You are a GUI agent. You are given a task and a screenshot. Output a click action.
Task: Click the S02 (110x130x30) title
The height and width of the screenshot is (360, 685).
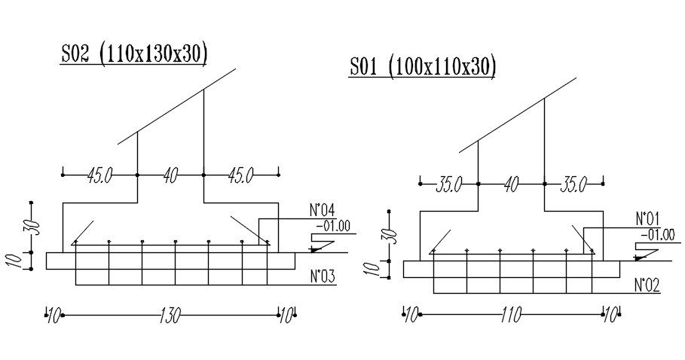click(x=133, y=54)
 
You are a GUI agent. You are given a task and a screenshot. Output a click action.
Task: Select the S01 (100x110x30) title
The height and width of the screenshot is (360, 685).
click(x=423, y=68)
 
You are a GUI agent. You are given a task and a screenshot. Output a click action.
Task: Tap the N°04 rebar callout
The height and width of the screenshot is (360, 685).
click(x=323, y=210)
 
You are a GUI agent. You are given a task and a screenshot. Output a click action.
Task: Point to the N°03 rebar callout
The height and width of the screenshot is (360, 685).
click(x=323, y=276)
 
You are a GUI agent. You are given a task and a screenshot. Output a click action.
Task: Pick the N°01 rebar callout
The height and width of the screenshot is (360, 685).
click(x=647, y=218)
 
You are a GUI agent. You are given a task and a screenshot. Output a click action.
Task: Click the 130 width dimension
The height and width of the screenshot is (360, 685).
click(x=170, y=315)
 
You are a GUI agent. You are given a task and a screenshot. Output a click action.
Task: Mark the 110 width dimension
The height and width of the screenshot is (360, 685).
click(x=512, y=314)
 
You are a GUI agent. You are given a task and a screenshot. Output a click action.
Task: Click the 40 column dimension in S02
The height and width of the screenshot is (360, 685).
click(x=170, y=175)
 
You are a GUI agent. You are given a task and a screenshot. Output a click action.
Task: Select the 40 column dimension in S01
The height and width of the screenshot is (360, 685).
click(x=511, y=185)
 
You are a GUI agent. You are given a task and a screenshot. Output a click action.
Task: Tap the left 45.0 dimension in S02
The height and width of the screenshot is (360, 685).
click(x=99, y=175)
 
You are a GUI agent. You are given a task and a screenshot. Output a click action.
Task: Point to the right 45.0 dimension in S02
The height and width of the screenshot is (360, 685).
click(x=240, y=175)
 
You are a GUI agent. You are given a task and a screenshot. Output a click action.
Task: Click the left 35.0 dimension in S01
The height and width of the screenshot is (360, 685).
click(x=448, y=185)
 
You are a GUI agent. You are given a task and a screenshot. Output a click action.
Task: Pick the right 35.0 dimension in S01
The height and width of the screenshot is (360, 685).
click(x=573, y=185)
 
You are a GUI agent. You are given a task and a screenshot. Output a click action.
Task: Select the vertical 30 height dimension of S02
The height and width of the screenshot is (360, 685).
click(x=35, y=227)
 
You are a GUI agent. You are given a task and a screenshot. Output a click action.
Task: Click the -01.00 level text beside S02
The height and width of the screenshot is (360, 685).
click(x=333, y=226)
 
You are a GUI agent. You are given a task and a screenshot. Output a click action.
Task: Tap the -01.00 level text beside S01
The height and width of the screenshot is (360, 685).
click(x=658, y=235)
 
